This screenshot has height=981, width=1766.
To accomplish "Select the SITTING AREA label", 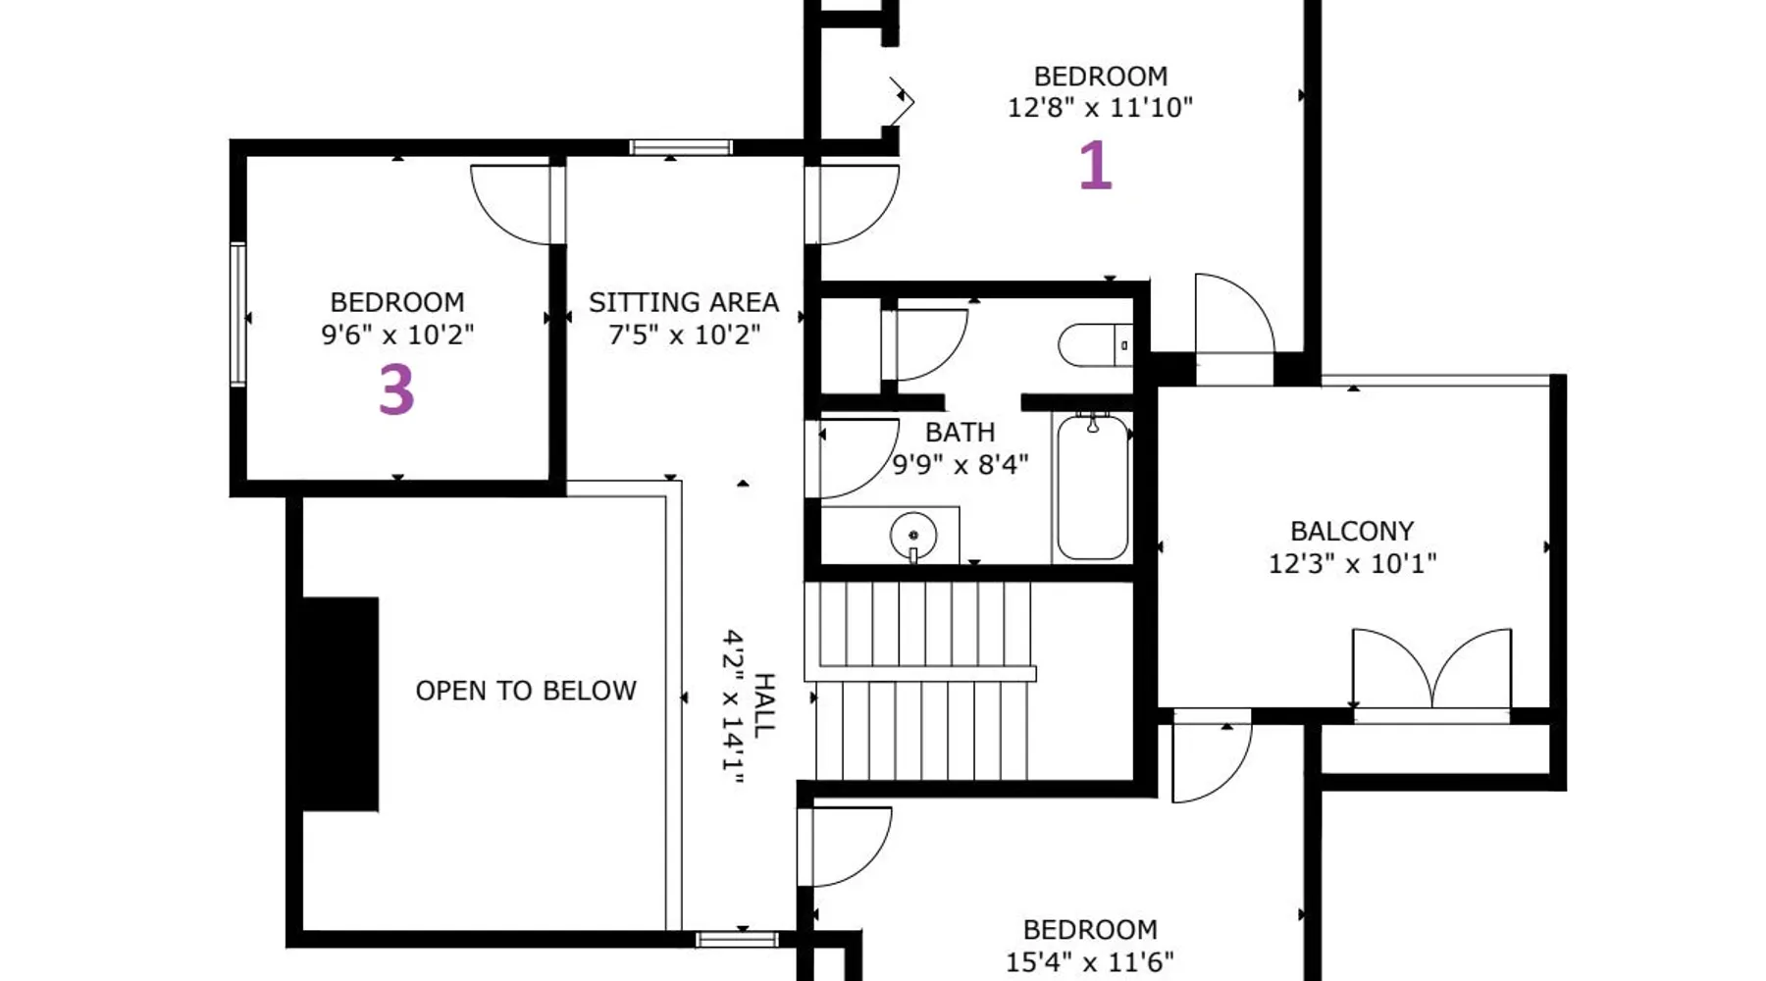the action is pyautogui.click(x=684, y=302).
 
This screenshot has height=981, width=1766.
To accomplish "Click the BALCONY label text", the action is pyautogui.click(x=1352, y=531).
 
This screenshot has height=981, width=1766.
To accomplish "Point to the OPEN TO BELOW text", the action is pyautogui.click(x=526, y=691).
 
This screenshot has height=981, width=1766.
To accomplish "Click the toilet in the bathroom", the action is pyautogui.click(x=1095, y=345).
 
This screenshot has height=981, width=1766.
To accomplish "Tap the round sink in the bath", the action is pyautogui.click(x=913, y=536).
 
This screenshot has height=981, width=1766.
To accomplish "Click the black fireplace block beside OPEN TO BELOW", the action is pyautogui.click(x=339, y=704).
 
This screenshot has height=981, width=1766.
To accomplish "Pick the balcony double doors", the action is pyautogui.click(x=1431, y=673).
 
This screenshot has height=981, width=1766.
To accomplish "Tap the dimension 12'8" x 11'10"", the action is pyautogui.click(x=1100, y=107).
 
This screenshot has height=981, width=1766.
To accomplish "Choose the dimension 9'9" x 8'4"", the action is pyautogui.click(x=961, y=463).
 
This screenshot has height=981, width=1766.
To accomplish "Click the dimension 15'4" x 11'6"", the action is pyautogui.click(x=1090, y=962).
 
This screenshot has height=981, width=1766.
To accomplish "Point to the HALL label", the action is pyautogui.click(x=764, y=705).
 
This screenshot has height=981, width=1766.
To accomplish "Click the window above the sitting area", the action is pyautogui.click(x=681, y=148).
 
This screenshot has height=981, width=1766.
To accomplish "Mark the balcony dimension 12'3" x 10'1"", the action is pyautogui.click(x=1352, y=563).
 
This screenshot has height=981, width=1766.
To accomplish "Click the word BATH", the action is pyautogui.click(x=961, y=432).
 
